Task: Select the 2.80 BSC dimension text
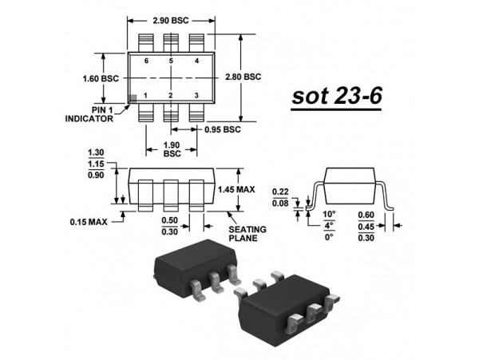click(x=242, y=77)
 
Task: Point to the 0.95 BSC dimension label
click(x=222, y=129)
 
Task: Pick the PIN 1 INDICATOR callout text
click(x=89, y=113)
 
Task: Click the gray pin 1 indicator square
click(x=133, y=97)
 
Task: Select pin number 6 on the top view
click(x=146, y=61)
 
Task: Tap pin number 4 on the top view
click(x=196, y=61)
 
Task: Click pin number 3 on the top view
click(x=196, y=96)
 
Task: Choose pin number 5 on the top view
click(x=171, y=61)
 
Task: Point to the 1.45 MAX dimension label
click(x=236, y=189)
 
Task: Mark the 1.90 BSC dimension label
click(x=172, y=149)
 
